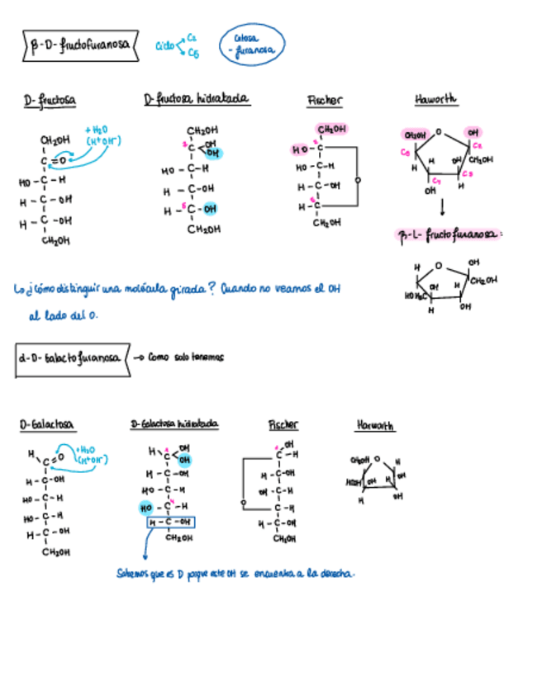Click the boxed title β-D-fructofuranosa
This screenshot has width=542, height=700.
click(78, 46)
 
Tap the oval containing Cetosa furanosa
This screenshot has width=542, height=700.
click(252, 44)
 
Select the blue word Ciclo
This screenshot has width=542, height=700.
click(165, 47)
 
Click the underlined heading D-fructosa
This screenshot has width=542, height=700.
click(50, 101)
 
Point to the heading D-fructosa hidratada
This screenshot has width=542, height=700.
click(197, 100)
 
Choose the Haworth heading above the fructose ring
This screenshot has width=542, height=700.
click(436, 100)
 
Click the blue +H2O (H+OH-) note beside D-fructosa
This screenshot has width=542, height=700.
click(102, 135)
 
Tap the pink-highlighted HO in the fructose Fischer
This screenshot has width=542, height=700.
click(299, 149)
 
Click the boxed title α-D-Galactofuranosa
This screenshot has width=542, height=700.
click(71, 358)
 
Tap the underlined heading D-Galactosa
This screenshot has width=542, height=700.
click(47, 424)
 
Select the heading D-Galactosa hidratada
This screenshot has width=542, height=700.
click(174, 423)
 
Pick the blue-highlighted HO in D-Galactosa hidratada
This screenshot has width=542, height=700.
click(147, 506)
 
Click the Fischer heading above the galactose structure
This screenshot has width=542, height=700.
click(283, 424)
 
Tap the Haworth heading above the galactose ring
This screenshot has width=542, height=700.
click(375, 425)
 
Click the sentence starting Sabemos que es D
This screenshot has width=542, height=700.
click(235, 573)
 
